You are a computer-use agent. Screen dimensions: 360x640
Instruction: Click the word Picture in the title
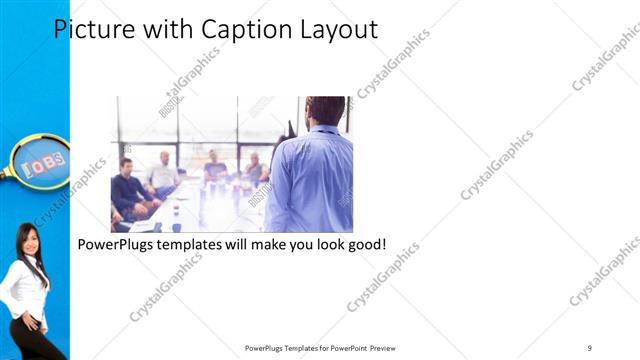(89, 29)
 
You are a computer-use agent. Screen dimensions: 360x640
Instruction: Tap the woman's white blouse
(24, 290)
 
